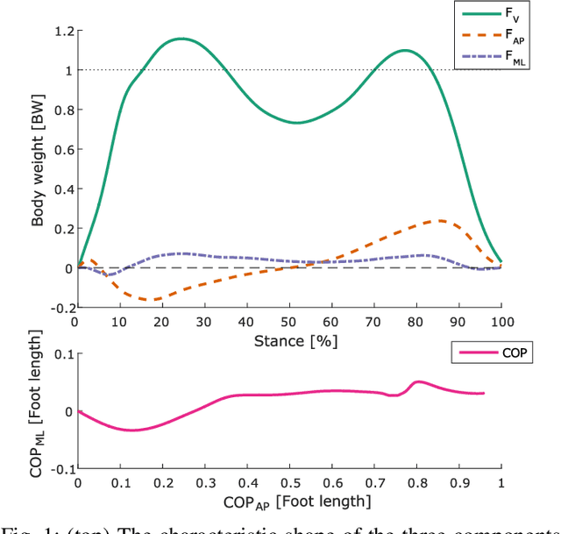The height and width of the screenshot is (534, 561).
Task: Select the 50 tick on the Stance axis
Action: tap(289, 322)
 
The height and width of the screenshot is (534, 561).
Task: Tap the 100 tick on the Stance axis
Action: tap(501, 322)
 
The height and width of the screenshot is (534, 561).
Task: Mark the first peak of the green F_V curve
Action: tap(181, 39)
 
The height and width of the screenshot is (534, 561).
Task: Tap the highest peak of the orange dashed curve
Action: tap(439, 221)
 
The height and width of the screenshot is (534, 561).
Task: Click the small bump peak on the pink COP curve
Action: tap(418, 381)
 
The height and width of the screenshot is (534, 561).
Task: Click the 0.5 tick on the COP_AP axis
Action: tap(289, 483)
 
